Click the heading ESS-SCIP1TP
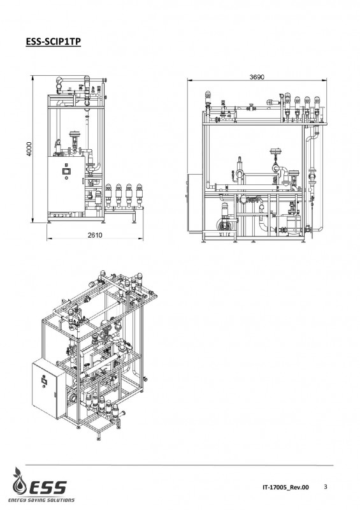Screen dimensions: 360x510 [x=54, y=41]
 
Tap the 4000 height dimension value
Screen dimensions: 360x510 [x=29, y=149]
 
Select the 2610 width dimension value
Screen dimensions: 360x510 [x=95, y=235]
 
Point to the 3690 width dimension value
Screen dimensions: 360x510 [x=257, y=77]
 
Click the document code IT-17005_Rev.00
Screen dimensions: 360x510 [x=286, y=487]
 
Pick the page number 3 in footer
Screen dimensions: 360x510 [x=326, y=486]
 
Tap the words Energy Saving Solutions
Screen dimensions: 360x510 [x=41, y=500]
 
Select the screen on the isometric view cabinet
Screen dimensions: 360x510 [x=44, y=379]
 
